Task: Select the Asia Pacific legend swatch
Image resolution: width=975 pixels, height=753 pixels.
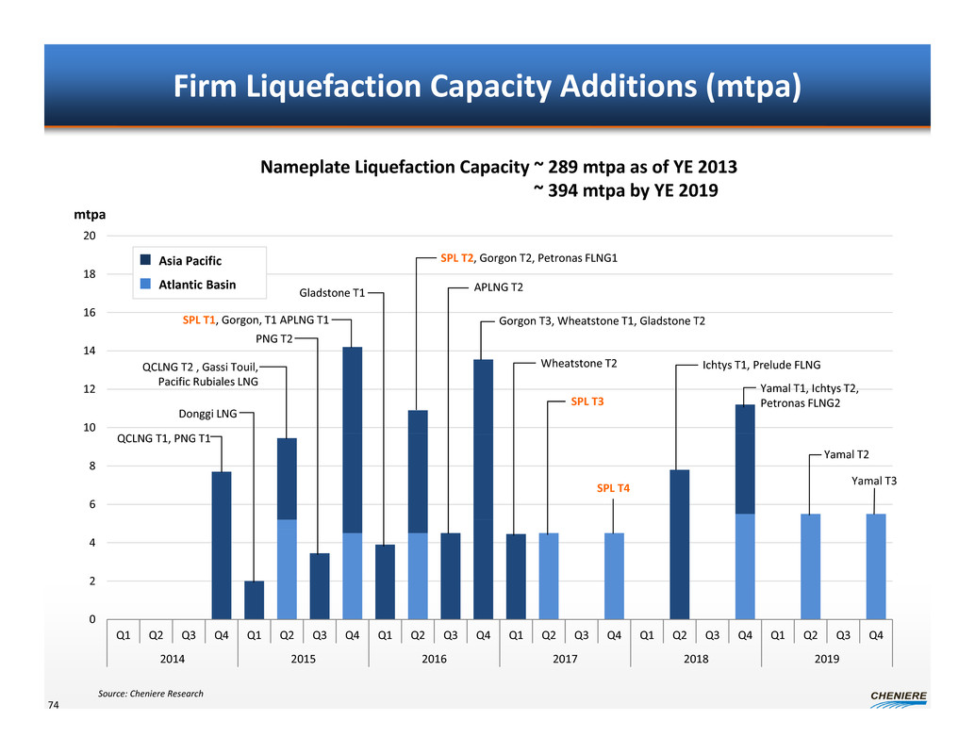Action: (145, 260)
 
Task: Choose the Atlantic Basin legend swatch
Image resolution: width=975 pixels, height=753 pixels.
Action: (145, 284)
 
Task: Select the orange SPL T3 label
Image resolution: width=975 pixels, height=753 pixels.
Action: (587, 401)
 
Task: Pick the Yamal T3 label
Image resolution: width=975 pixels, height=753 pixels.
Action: (873, 482)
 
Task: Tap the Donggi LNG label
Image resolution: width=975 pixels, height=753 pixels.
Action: (207, 413)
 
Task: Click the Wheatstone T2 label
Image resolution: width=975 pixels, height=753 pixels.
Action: (579, 363)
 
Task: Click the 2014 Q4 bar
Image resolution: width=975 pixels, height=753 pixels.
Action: (222, 545)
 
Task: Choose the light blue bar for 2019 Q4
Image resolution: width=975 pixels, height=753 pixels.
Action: (876, 565)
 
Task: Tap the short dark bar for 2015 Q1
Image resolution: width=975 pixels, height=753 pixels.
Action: (255, 599)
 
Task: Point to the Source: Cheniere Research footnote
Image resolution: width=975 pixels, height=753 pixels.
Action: (150, 694)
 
